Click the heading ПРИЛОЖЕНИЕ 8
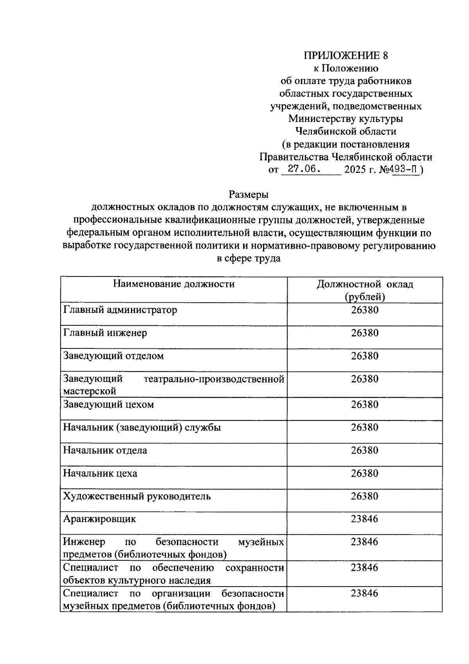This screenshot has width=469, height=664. point(346,56)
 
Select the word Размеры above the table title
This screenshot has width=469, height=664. point(249,194)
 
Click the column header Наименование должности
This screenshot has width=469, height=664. point(174,284)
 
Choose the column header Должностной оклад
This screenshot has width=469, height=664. point(365,284)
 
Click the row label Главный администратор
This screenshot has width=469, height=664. point(120,310)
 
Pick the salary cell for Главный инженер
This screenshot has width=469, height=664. point(365,333)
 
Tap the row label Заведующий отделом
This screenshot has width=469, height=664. point(114,356)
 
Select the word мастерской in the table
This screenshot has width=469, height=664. point(90,391)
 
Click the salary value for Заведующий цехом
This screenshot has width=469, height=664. point(365,405)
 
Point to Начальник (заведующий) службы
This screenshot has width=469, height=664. point(142,428)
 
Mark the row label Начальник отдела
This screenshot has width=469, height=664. point(106,450)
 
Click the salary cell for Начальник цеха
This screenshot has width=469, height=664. point(365,474)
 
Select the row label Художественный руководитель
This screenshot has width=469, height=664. point(137,497)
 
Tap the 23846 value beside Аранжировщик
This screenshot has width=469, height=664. point(365,519)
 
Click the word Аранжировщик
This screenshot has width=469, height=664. point(100,519)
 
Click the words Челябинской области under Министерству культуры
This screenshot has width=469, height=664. point(346,132)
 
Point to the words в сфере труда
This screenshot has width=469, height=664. point(249,258)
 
